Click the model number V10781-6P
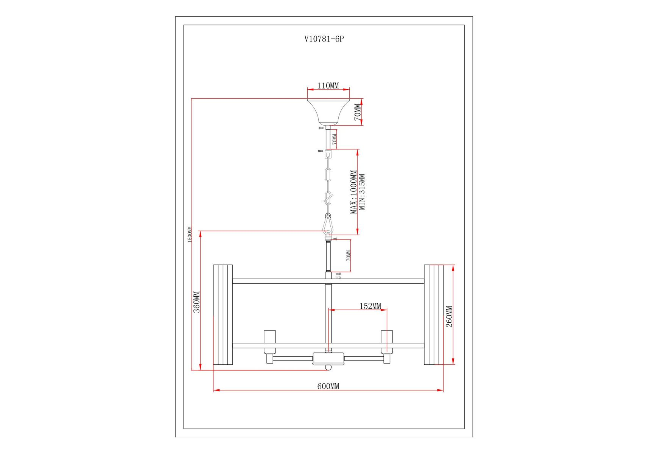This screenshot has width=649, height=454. coord(324,39)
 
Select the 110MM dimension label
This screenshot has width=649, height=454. coord(328,86)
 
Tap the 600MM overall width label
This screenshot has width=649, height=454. coord(328,386)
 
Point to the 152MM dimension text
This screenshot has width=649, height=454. coord(370,306)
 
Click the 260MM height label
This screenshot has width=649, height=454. coord(449,316)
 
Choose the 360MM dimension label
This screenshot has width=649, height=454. coord(197,302)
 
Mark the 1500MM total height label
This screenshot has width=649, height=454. coord(190,235)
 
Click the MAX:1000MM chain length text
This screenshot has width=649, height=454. coord(353,192)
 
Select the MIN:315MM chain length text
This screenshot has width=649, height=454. coord(362,192)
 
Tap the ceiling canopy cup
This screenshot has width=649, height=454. coord(328,112)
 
